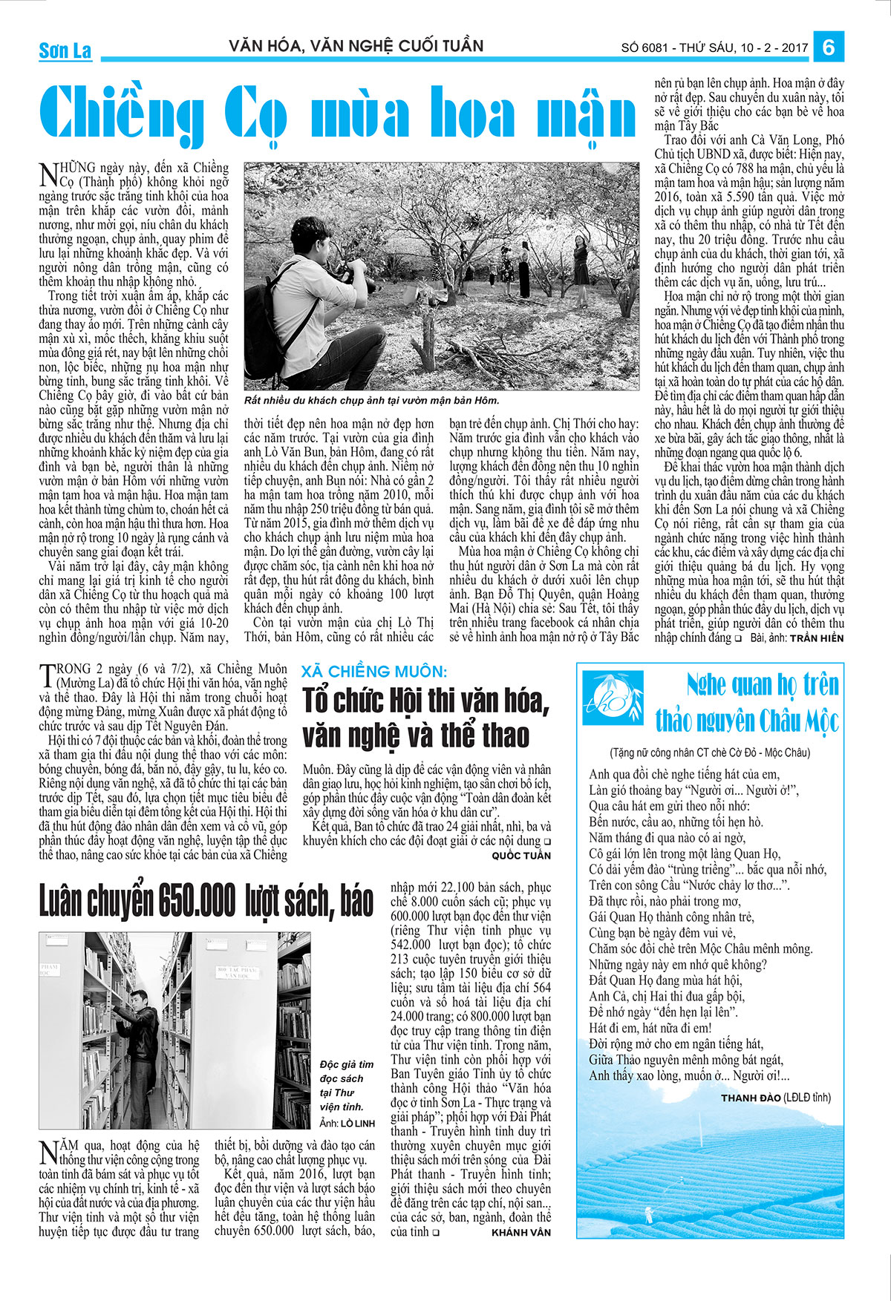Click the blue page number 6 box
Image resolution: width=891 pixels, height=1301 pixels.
pos(829,47)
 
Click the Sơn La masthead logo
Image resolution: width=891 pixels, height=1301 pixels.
pos(65,50)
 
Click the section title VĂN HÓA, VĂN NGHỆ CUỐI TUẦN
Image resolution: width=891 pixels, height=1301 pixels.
pos(356,46)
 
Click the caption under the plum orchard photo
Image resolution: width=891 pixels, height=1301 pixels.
pos(371,401)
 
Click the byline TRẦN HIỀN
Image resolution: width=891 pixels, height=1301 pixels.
pos(816,638)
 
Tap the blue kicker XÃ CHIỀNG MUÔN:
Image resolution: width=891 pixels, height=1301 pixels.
pos(373,672)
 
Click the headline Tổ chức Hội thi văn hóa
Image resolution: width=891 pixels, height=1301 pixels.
pos(425,701)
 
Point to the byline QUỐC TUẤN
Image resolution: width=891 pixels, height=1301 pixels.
pos(521,856)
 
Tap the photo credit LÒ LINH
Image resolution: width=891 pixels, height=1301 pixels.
pos(357,1122)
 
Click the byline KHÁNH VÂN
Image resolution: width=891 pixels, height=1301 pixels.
pos(521,1232)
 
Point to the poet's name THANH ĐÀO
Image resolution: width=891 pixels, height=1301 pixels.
pos(751,1098)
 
